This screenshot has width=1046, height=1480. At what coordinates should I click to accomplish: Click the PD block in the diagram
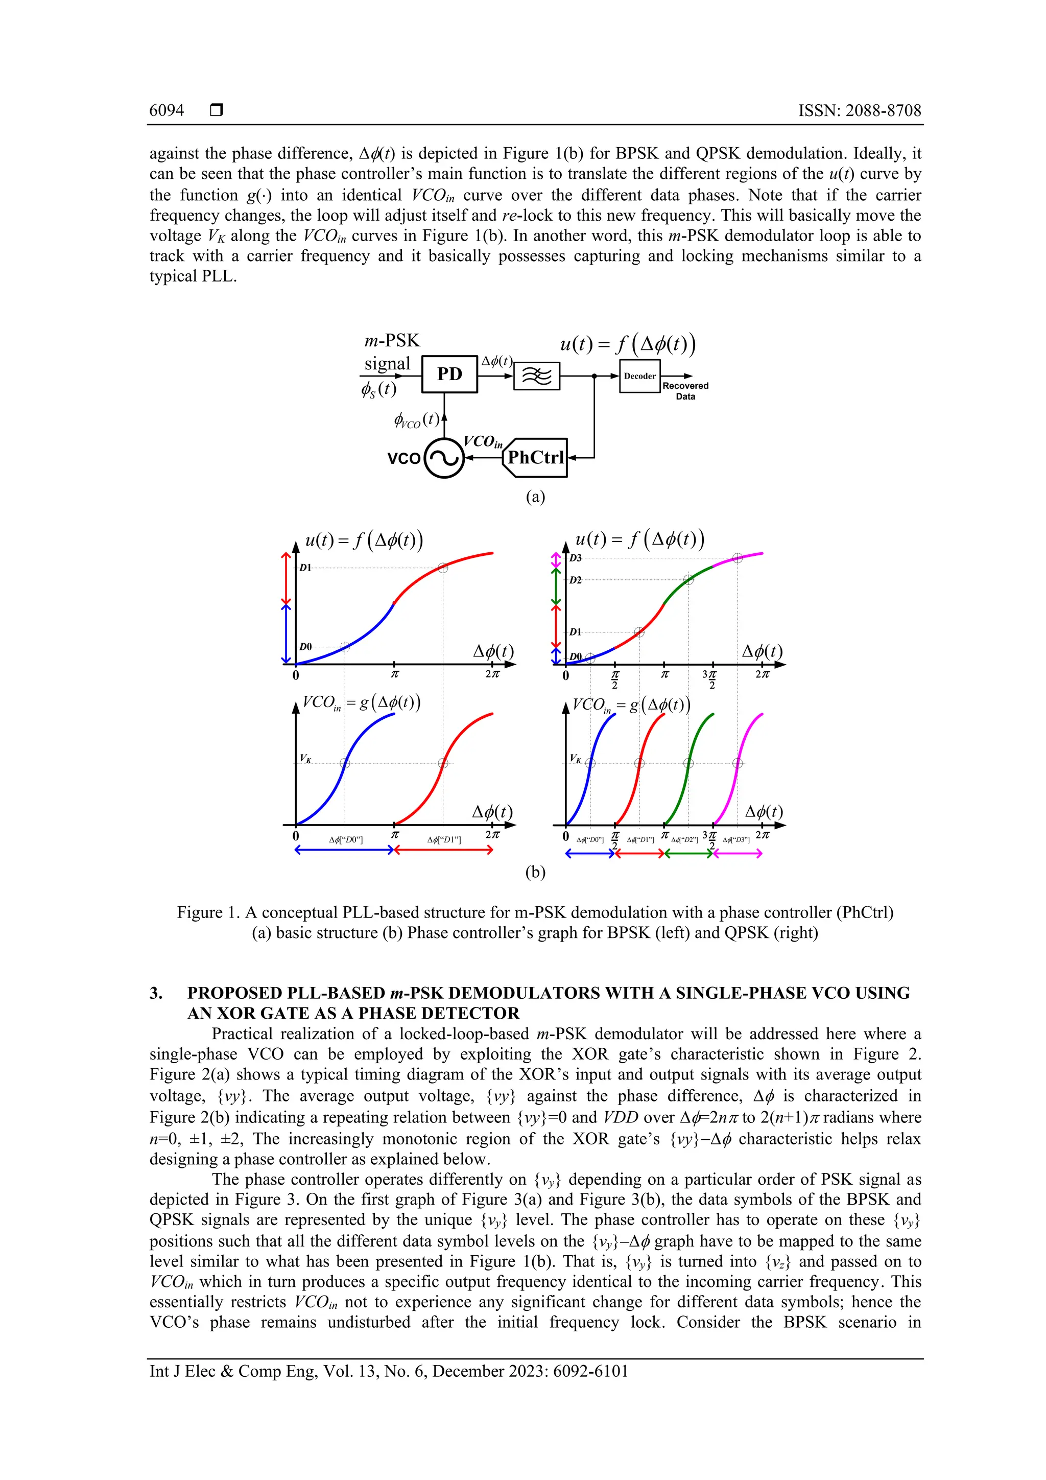coord(449,374)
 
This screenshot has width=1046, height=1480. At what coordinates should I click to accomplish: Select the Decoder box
coord(639,376)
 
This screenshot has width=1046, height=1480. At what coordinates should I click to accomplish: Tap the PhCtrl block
coord(535,458)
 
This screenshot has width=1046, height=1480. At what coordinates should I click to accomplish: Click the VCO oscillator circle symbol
coord(444,458)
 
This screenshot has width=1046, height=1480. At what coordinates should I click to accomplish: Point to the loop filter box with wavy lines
coord(536,376)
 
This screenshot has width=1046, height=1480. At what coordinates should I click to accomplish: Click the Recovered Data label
coord(685,391)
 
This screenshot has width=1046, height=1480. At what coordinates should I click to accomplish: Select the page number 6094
coord(167,110)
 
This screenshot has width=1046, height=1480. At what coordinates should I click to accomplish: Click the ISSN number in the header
coord(860,110)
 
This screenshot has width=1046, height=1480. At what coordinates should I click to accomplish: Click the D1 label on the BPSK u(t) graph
coord(305,568)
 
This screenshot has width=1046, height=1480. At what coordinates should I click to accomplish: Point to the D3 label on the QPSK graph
coord(576,557)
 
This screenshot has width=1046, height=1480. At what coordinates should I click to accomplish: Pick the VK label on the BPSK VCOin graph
coord(305,759)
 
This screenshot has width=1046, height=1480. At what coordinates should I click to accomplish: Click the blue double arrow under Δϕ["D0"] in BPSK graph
coord(344,850)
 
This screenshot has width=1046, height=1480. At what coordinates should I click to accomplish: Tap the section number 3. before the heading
coord(156,993)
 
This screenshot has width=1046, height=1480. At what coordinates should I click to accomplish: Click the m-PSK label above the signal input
coord(392,340)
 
